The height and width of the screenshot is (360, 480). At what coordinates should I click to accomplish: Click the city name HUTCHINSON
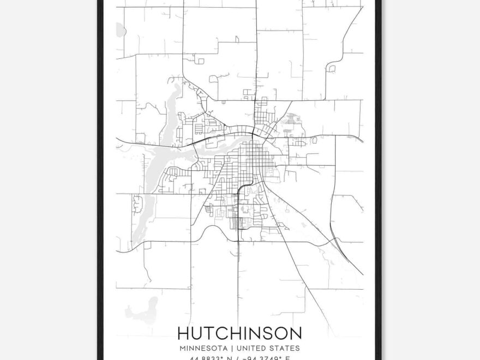pyautogui.click(x=239, y=332)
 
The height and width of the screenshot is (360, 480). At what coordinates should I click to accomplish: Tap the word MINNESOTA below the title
pyautogui.click(x=201, y=347)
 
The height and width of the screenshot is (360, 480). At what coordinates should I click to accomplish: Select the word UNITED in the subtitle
pyautogui.click(x=254, y=347)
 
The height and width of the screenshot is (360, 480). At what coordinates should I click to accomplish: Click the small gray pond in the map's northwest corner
pyautogui.click(x=120, y=31)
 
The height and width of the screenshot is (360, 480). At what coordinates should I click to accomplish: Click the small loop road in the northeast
pyautogui.click(x=331, y=68)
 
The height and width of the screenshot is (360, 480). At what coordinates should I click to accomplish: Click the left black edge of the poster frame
pyautogui.click(x=100, y=180)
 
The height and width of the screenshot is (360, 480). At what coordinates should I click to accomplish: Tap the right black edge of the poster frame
pyautogui.click(x=379, y=180)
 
